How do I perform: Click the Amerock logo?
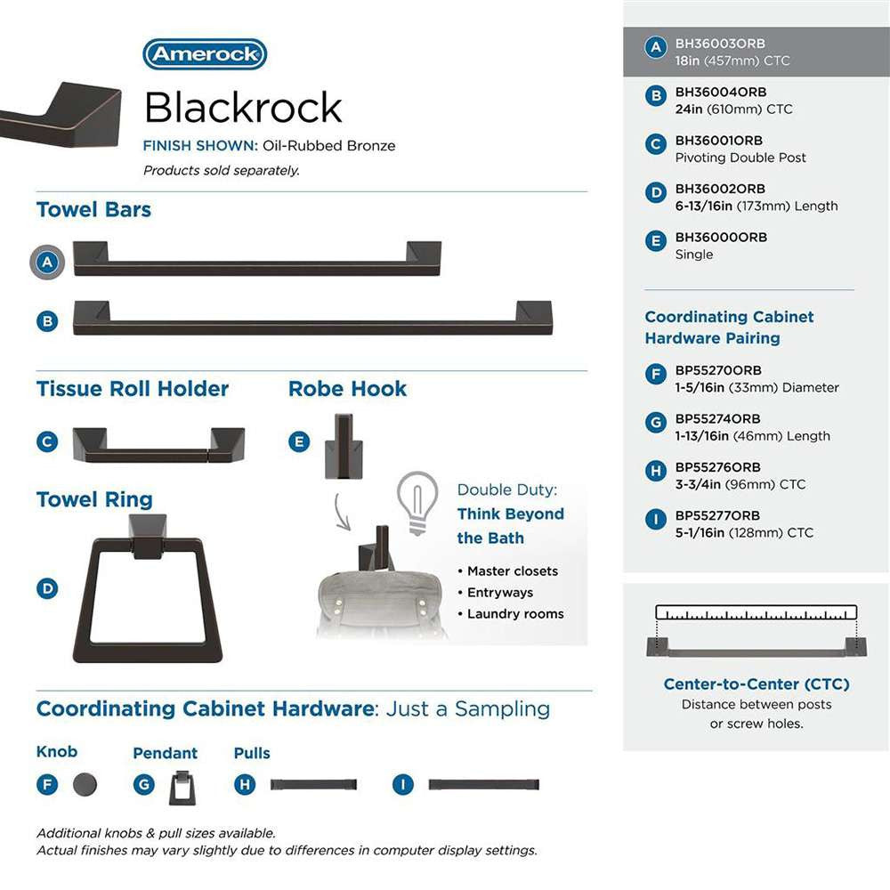pyautogui.click(x=205, y=54)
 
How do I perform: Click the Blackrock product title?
pyautogui.click(x=243, y=108)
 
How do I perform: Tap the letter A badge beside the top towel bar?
pyautogui.click(x=48, y=263)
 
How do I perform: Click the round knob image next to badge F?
pyautogui.click(x=85, y=784)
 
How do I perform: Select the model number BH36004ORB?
pyautogui.click(x=720, y=92)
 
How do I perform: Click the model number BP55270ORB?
pyautogui.click(x=718, y=370)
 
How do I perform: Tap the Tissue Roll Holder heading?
pyautogui.click(x=133, y=389)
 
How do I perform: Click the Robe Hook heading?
pyautogui.click(x=347, y=389)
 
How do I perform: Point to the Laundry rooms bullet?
pyautogui.click(x=514, y=613)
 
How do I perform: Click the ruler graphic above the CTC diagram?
pyautogui.click(x=756, y=612)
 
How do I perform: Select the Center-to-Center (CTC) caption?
pyautogui.click(x=756, y=684)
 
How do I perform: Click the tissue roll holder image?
pyautogui.click(x=158, y=444)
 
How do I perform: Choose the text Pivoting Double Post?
pyautogui.click(x=740, y=158)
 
